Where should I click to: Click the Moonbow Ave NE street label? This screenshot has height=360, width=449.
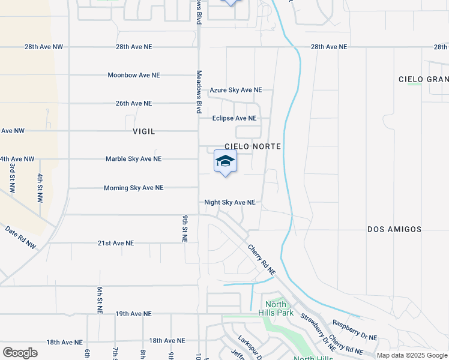click(x=134, y=75)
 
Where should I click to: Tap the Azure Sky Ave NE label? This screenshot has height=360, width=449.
click(x=235, y=90)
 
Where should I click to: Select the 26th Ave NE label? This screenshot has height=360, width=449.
click(x=134, y=103)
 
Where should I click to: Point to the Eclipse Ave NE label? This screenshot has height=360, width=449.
click(x=234, y=118)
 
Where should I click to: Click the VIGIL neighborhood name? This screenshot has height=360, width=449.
click(x=144, y=131)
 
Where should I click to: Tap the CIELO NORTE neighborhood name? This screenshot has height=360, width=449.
click(x=253, y=146)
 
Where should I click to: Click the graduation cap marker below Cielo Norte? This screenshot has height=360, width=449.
click(x=225, y=161)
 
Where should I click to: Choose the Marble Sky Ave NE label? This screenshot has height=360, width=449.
click(x=133, y=159)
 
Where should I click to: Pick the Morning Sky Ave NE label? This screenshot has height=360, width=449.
click(x=133, y=188)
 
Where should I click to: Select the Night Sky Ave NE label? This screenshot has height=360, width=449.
click(x=230, y=203)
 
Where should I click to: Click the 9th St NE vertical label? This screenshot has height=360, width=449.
click(x=185, y=229)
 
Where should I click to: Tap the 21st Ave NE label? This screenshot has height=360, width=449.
click(x=116, y=243)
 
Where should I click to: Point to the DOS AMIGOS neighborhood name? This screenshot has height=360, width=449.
click(x=394, y=229)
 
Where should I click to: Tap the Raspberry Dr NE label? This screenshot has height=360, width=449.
click(x=355, y=329)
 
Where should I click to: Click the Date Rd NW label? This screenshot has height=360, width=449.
click(x=21, y=237)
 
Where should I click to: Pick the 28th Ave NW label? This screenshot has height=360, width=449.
click(x=44, y=46)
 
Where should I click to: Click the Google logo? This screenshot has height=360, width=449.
click(x=20, y=353)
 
